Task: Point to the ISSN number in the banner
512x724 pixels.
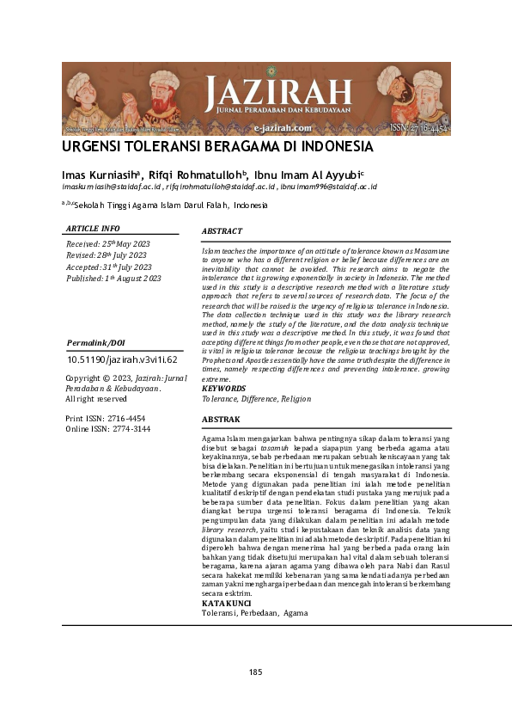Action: [419, 127]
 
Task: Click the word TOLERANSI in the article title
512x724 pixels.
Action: [184, 146]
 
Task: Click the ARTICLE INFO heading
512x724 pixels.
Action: [93, 229]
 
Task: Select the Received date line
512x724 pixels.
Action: [107, 244]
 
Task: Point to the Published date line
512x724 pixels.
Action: [113, 278]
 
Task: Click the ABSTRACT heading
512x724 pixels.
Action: [222, 231]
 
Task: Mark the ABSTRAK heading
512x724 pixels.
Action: [221, 420]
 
